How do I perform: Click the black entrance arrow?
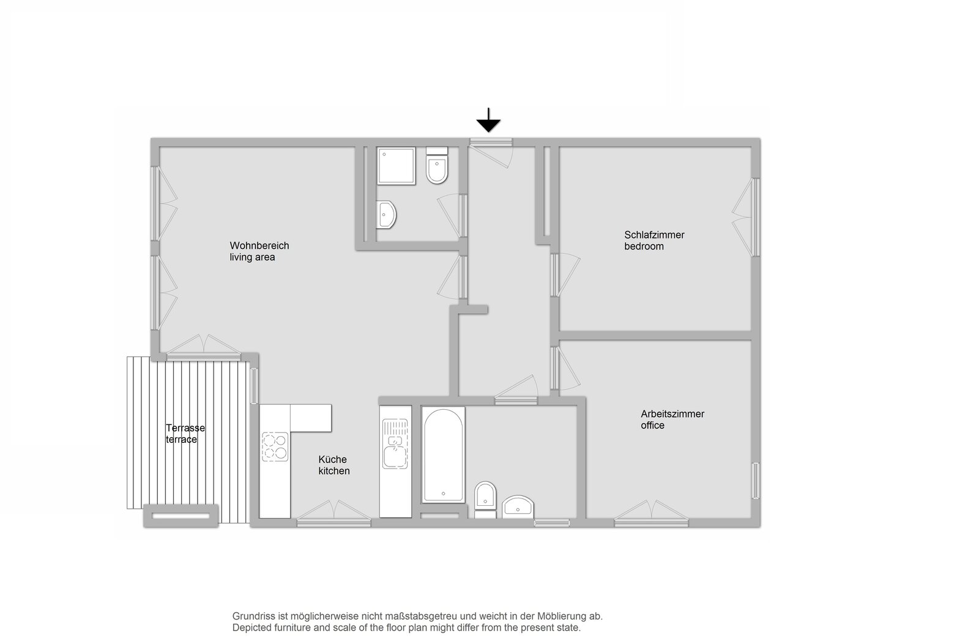pyautogui.click(x=488, y=120)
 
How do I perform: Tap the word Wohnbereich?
pyautogui.click(x=259, y=245)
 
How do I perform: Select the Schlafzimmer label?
pyautogui.click(x=654, y=235)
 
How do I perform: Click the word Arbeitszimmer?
pyautogui.click(x=672, y=414)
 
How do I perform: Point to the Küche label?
pyautogui.click(x=332, y=459)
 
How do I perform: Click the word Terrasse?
pyautogui.click(x=185, y=427)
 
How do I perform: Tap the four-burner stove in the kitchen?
pyautogui.click(x=275, y=446)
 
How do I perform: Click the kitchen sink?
pyautogui.click(x=395, y=444)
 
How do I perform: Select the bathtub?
pyautogui.click(x=443, y=455)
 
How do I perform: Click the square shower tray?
pyautogui.click(x=396, y=166)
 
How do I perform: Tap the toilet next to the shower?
pyautogui.click(x=437, y=165)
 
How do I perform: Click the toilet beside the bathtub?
pyautogui.click(x=486, y=500)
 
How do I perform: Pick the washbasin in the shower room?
pyautogui.click(x=386, y=215)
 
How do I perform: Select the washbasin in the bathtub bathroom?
pyautogui.click(x=518, y=507)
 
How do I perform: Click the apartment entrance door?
pyautogui.click(x=491, y=153)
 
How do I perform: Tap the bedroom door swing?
pyautogui.click(x=565, y=275)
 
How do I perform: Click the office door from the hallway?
pyautogui.click(x=565, y=368)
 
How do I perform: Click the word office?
pyautogui.click(x=652, y=425)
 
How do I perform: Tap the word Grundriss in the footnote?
pyautogui.click(x=253, y=616)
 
